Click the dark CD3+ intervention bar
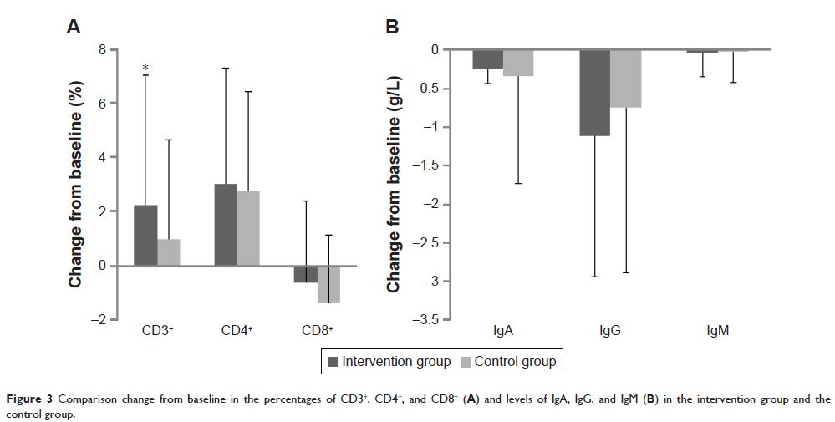point(145,235)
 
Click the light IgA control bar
point(518,63)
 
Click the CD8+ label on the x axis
point(317,331)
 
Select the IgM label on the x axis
point(717,331)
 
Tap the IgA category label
point(503,331)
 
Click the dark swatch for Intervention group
point(332,362)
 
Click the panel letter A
point(74,27)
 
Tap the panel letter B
point(392,27)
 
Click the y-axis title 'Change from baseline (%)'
point(75,184)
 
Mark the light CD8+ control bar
point(328,284)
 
